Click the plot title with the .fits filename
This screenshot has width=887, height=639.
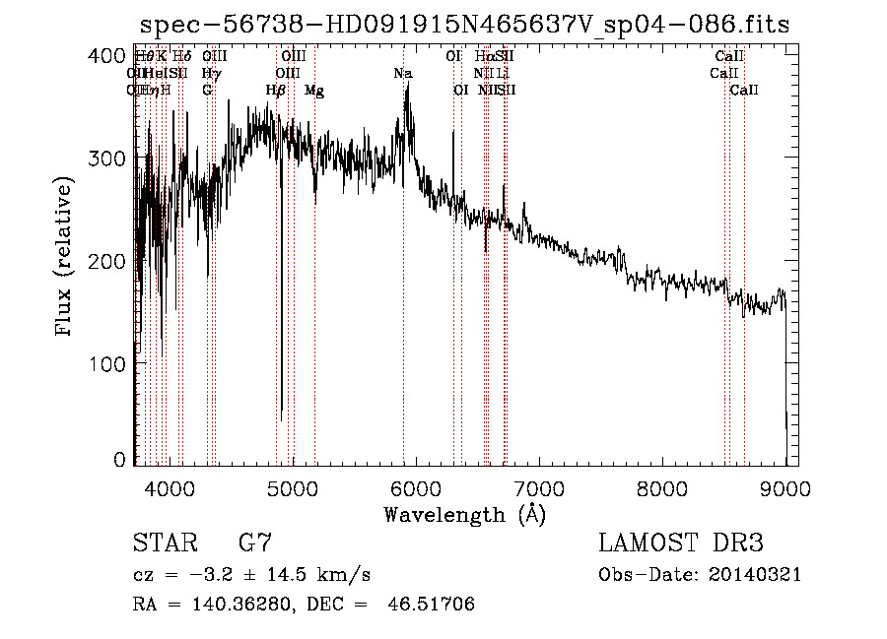pos(465,24)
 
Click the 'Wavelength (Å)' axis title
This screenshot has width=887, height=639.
pos(464,514)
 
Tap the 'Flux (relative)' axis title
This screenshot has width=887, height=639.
pos(65,258)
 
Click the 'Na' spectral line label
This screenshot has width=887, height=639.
pos(402,74)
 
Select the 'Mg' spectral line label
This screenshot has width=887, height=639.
pos(314,91)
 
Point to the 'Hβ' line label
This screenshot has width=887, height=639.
pos(276,91)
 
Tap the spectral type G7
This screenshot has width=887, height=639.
pos(255,543)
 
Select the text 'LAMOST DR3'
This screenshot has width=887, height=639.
pos(681,543)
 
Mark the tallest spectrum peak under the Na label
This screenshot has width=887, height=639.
pos(407,87)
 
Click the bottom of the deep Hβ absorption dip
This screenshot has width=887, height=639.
pos(281,419)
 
